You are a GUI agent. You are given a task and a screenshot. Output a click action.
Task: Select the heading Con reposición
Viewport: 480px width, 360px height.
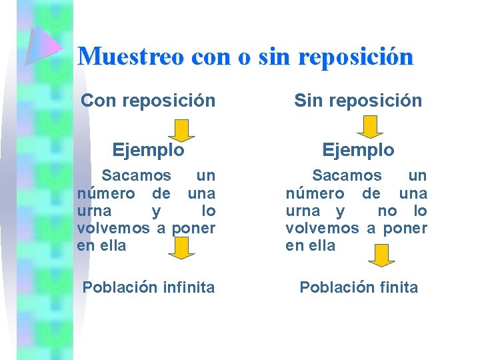[x=148, y=101]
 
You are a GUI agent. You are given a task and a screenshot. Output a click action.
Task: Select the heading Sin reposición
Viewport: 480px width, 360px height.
[x=358, y=101]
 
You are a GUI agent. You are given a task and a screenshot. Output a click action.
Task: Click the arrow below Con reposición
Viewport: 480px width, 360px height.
[x=181, y=128]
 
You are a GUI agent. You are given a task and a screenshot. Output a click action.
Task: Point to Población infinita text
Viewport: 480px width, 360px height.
[x=148, y=287]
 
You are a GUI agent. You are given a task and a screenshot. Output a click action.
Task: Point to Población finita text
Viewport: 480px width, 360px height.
[x=359, y=287]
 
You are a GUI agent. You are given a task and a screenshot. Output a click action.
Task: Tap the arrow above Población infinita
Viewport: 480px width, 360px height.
[x=181, y=249]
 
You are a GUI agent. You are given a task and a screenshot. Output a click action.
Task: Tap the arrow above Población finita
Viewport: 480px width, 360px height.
[x=381, y=255]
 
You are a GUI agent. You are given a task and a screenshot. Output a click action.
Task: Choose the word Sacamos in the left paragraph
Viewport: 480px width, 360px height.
[x=135, y=176]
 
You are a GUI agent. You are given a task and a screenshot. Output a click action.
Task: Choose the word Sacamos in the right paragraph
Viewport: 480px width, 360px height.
[x=347, y=176]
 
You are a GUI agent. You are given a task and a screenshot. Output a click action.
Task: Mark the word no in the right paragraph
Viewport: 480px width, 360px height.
[x=387, y=211]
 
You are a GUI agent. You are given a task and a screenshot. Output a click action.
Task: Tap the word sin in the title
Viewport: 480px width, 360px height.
[x=275, y=56]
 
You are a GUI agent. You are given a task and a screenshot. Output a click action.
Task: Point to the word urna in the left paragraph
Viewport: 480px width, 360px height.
[x=93, y=211]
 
